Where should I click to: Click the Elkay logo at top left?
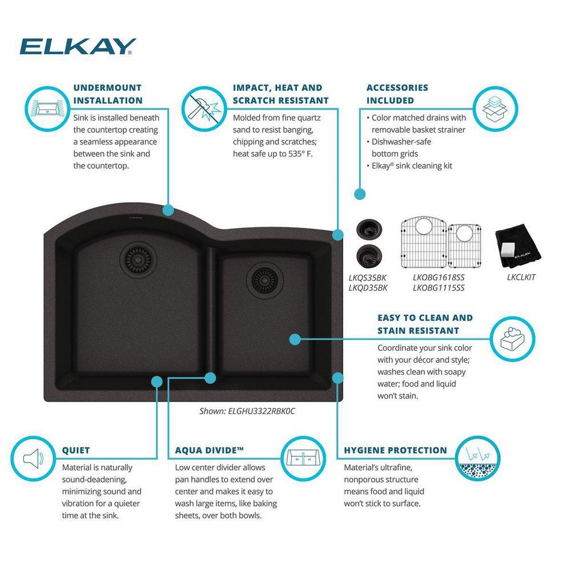click(x=78, y=46)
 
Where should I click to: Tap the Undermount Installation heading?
click(x=108, y=94)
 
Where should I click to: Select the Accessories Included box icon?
click(x=494, y=107)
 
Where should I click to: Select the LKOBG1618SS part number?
click(x=439, y=278)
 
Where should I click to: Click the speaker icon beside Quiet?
click(x=33, y=459)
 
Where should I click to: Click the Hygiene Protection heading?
click(x=395, y=450)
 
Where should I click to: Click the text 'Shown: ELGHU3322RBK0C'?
click(x=247, y=411)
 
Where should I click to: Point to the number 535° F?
click(x=298, y=154)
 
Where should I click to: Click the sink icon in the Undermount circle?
click(x=46, y=107)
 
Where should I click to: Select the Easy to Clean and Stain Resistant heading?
click(x=425, y=324)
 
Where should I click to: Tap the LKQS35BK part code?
click(x=368, y=278)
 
